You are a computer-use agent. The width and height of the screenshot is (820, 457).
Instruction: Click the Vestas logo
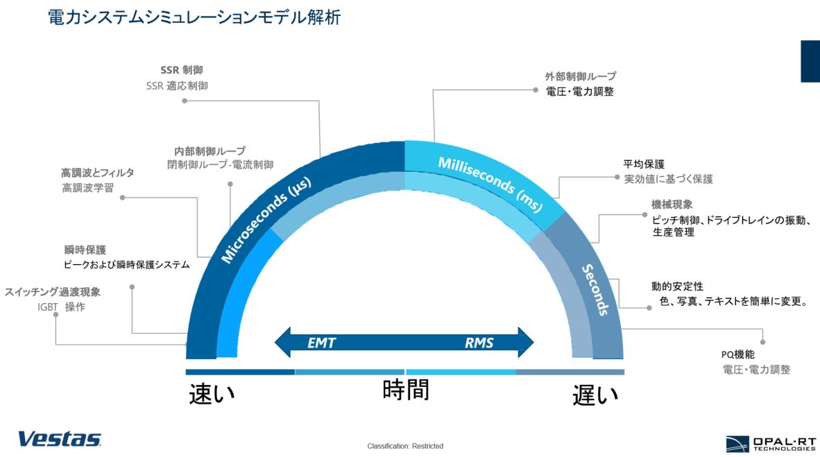(x=60, y=439)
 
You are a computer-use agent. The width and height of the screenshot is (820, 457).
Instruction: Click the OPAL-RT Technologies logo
(x=771, y=444)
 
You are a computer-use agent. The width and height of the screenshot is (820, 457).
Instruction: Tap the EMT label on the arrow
(x=322, y=343)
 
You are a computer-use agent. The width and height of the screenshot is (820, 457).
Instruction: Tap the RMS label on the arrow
(x=479, y=343)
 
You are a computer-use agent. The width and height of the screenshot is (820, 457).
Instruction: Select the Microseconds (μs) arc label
(x=266, y=220)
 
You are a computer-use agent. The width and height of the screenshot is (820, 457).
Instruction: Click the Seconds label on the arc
(x=596, y=290)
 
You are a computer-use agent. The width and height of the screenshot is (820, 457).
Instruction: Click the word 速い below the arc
(x=212, y=395)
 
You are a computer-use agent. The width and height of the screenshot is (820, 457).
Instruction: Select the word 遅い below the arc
(x=595, y=395)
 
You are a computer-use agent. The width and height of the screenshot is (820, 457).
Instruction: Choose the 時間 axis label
(x=406, y=390)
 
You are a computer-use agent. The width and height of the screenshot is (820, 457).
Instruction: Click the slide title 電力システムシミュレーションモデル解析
(x=194, y=17)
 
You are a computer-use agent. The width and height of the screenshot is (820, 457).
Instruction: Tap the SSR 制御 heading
(x=182, y=70)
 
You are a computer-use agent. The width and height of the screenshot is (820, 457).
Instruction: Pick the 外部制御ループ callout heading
(x=581, y=76)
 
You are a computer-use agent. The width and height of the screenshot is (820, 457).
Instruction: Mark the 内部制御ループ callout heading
(x=210, y=151)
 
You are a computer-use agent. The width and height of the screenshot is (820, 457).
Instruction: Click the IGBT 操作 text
(x=61, y=307)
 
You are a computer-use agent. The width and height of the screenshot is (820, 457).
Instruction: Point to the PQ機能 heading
(x=738, y=354)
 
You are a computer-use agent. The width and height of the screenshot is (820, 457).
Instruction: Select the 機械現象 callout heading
(x=672, y=205)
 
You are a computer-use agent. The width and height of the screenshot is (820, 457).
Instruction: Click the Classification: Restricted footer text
(x=405, y=446)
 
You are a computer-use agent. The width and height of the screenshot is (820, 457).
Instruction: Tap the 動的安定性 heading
(x=677, y=286)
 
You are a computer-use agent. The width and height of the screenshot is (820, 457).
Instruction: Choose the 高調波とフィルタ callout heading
(x=98, y=173)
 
